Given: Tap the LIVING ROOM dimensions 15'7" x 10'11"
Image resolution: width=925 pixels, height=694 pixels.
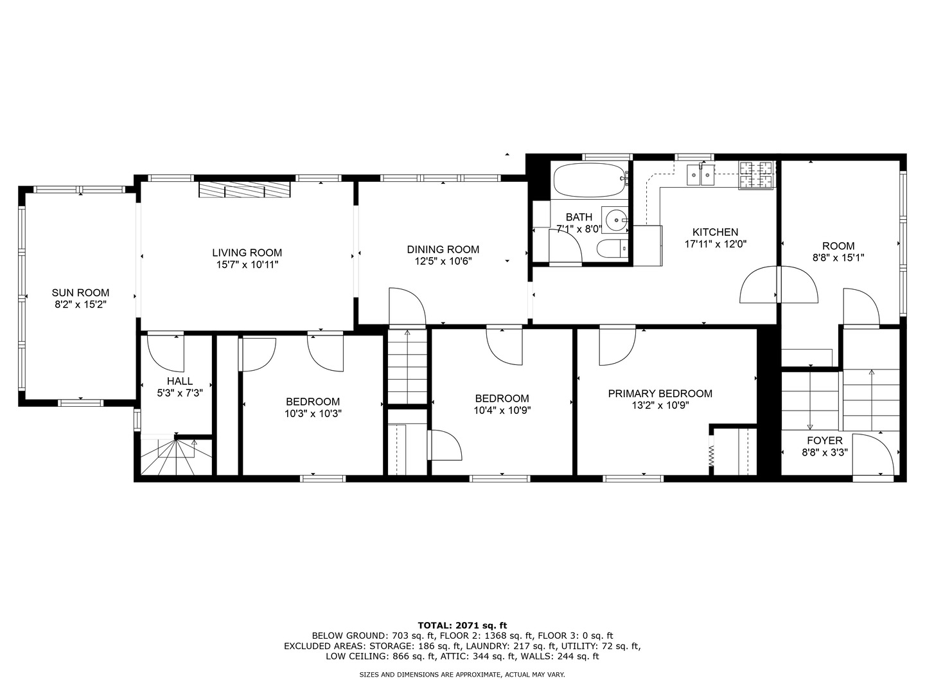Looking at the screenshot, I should click(247, 264).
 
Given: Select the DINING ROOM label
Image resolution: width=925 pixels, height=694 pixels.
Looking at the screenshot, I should click(443, 249).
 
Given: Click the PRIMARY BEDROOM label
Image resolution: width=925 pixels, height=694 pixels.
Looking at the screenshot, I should click(660, 393).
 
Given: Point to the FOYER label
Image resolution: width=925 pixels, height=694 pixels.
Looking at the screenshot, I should click(825, 441).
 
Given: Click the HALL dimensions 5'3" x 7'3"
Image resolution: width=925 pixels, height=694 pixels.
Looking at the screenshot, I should click(180, 393).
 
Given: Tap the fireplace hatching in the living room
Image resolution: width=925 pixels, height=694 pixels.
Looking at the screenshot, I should click(244, 190).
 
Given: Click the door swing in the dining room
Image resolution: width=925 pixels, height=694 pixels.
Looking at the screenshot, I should click(408, 307).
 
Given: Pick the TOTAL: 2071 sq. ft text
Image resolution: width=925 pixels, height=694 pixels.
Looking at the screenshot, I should click(462, 625).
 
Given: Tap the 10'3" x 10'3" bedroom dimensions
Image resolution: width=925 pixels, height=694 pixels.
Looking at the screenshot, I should click(313, 414).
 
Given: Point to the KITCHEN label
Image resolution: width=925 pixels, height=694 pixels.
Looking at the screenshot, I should click(715, 232).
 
